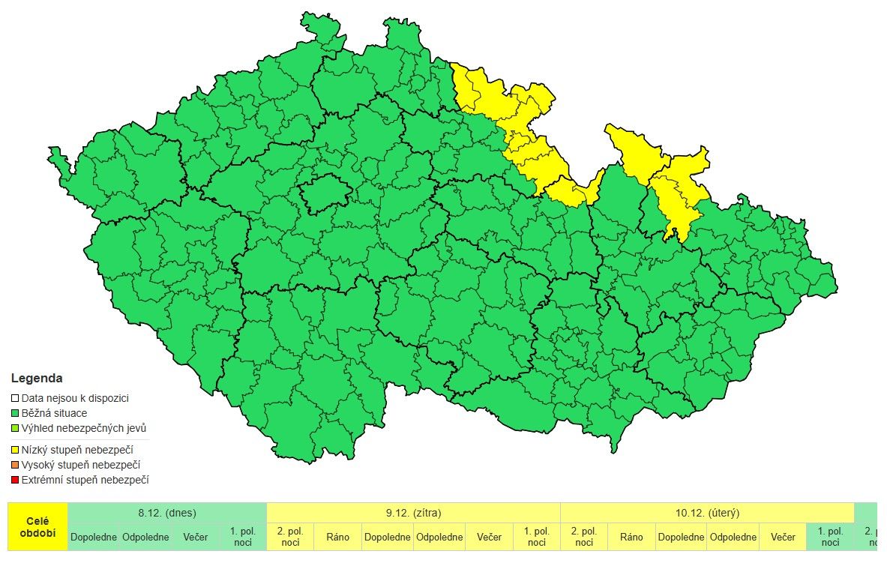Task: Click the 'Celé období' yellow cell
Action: (x=37, y=526)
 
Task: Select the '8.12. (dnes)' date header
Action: (x=167, y=513)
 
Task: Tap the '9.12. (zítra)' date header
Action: (x=413, y=513)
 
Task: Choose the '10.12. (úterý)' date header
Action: (x=707, y=513)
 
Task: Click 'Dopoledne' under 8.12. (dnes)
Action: (x=93, y=537)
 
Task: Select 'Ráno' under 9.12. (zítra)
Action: (x=337, y=537)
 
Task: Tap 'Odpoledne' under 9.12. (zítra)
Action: (x=439, y=537)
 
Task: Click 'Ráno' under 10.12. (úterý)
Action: (x=631, y=537)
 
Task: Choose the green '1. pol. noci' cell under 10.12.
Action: (x=830, y=537)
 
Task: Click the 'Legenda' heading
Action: (x=37, y=379)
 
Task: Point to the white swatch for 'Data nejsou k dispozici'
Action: (x=15, y=399)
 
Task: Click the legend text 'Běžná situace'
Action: (x=54, y=413)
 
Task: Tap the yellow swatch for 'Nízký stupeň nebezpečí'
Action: (x=15, y=451)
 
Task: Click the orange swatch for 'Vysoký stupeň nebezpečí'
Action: (x=15, y=466)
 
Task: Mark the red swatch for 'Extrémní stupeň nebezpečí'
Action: (x=15, y=481)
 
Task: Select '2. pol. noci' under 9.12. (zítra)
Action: (x=290, y=537)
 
